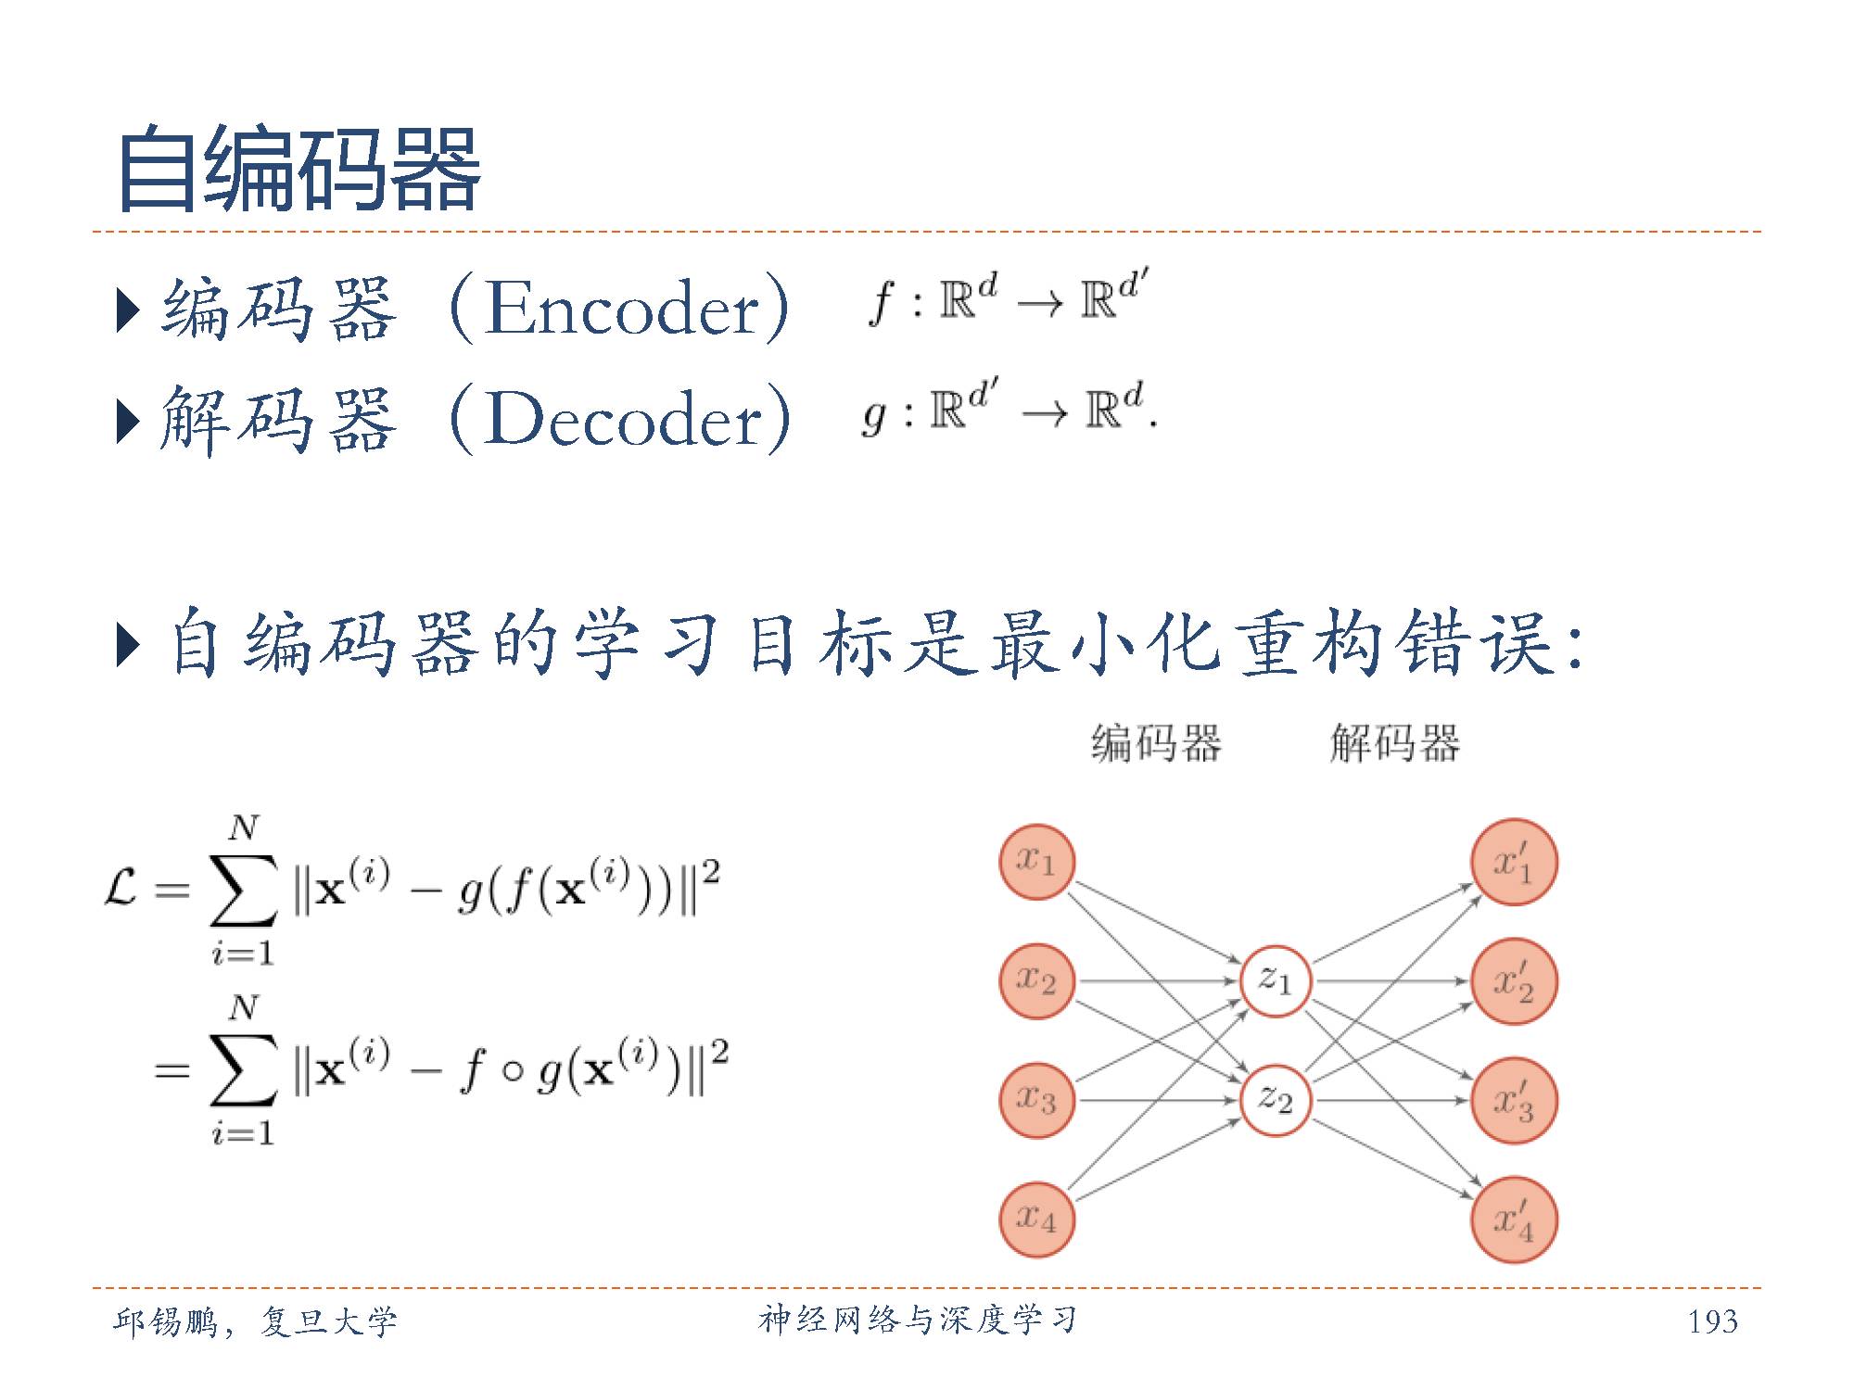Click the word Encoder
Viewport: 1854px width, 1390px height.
click(622, 309)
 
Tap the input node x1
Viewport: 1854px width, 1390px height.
click(1036, 862)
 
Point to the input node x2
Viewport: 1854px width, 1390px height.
click(1036, 980)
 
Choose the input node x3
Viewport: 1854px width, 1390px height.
click(1036, 1100)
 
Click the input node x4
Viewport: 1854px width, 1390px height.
click(1036, 1219)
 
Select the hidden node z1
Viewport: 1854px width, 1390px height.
click(1275, 980)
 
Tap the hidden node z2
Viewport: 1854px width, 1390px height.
click(1275, 1100)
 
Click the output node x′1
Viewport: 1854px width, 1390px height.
click(1514, 862)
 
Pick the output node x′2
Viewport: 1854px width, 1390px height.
click(1514, 980)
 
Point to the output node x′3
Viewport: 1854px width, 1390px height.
click(1514, 1100)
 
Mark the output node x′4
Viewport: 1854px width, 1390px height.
click(1514, 1219)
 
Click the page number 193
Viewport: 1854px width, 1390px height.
click(1712, 1320)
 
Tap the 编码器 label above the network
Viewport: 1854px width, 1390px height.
click(1156, 743)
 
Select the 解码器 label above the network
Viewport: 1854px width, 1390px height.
click(1394, 743)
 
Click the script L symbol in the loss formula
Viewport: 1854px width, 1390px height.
click(121, 890)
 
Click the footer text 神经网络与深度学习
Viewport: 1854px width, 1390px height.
click(917, 1320)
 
